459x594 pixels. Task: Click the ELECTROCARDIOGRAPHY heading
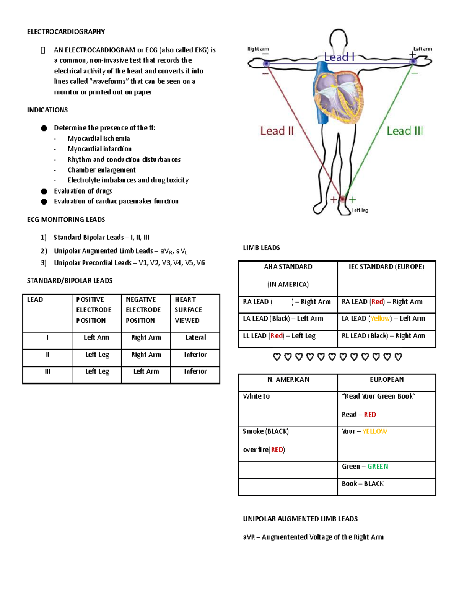66,32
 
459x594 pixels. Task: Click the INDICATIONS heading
47,110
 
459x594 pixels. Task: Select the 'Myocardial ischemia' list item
98,138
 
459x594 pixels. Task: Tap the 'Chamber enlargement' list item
101,170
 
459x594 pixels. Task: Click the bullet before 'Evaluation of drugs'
44,191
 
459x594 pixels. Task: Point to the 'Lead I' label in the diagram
339,57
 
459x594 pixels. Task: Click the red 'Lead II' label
277,131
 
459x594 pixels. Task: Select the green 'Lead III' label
404,131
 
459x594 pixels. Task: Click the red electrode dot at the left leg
343,199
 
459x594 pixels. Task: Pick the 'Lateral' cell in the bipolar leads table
195,337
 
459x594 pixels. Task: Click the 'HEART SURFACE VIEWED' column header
188,310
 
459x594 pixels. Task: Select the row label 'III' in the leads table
47,371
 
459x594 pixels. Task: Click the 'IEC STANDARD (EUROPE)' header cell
386,267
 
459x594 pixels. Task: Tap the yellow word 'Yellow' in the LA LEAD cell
380,319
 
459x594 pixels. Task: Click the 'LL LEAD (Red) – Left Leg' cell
279,336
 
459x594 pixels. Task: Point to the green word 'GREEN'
378,467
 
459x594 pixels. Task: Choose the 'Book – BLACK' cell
363,484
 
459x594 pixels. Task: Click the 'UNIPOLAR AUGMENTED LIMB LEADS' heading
300,519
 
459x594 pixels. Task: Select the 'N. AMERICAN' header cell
288,380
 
